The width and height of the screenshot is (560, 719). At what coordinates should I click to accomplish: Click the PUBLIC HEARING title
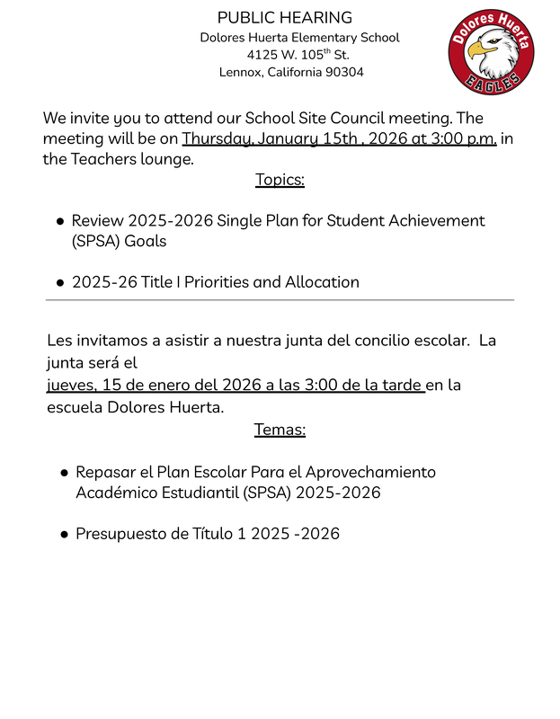point(285,18)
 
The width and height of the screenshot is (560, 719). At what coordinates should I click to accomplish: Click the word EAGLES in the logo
point(492,82)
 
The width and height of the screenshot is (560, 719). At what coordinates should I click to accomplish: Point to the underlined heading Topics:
point(280,180)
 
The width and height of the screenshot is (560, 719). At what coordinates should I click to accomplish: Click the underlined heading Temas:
point(280,430)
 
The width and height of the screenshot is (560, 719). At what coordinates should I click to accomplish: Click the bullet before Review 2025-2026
point(60,221)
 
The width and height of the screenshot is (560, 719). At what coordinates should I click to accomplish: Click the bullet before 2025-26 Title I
point(60,282)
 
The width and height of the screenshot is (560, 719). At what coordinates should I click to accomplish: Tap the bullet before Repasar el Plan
point(65,473)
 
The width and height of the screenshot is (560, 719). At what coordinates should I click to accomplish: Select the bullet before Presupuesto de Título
point(65,534)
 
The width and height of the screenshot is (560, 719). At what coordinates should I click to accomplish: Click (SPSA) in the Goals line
point(95,242)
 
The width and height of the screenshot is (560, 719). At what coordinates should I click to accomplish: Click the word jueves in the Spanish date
point(71,386)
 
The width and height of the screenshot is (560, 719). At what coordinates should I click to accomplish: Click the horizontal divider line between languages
point(280,300)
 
